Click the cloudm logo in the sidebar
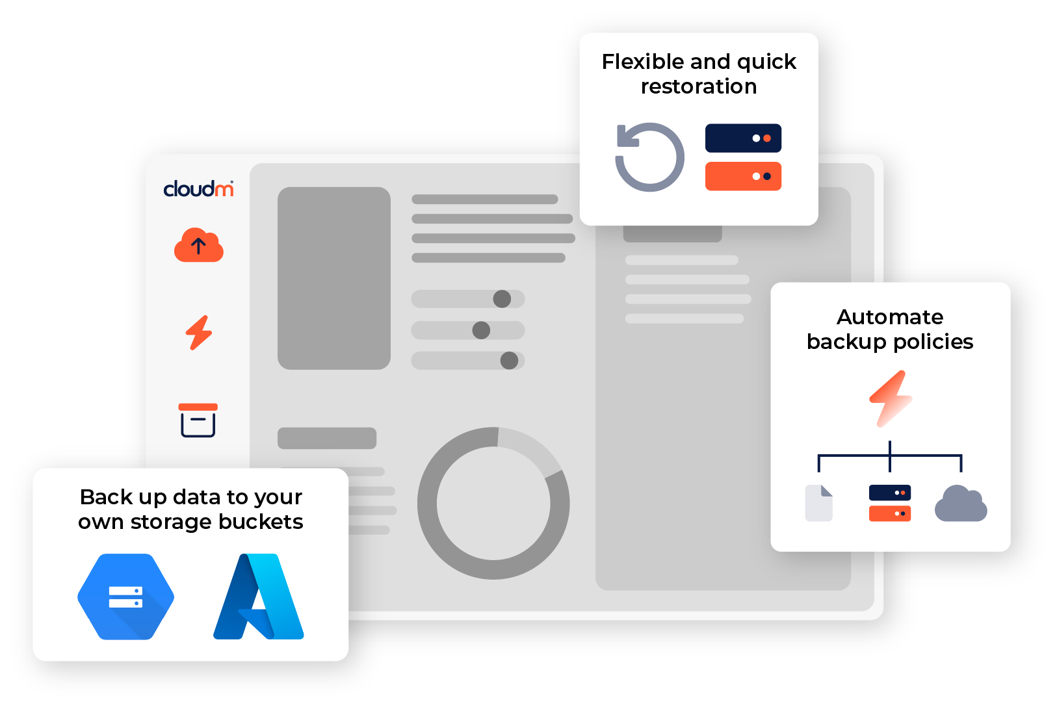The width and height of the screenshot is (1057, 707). [198, 188]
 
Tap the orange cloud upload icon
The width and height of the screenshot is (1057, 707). [198, 246]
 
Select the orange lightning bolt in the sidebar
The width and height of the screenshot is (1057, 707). [199, 333]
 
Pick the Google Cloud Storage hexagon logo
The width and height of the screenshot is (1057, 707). [125, 597]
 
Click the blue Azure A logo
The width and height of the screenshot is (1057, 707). [259, 597]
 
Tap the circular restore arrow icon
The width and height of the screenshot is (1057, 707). [649, 157]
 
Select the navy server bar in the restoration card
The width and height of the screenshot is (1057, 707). [743, 138]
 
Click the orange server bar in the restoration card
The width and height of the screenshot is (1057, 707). [743, 176]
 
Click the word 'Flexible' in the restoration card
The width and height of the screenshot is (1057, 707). [643, 62]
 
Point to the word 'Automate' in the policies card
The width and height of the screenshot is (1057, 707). [890, 317]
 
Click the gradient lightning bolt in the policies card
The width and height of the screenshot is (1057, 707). [891, 398]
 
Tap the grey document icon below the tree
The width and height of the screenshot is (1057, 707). [818, 503]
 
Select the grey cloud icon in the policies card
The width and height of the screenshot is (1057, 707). [961, 504]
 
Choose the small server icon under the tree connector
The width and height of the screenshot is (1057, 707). [889, 503]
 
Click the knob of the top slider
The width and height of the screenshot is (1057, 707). [502, 299]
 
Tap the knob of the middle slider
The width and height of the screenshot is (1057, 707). [481, 330]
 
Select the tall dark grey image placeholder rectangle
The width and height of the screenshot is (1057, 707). [334, 278]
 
